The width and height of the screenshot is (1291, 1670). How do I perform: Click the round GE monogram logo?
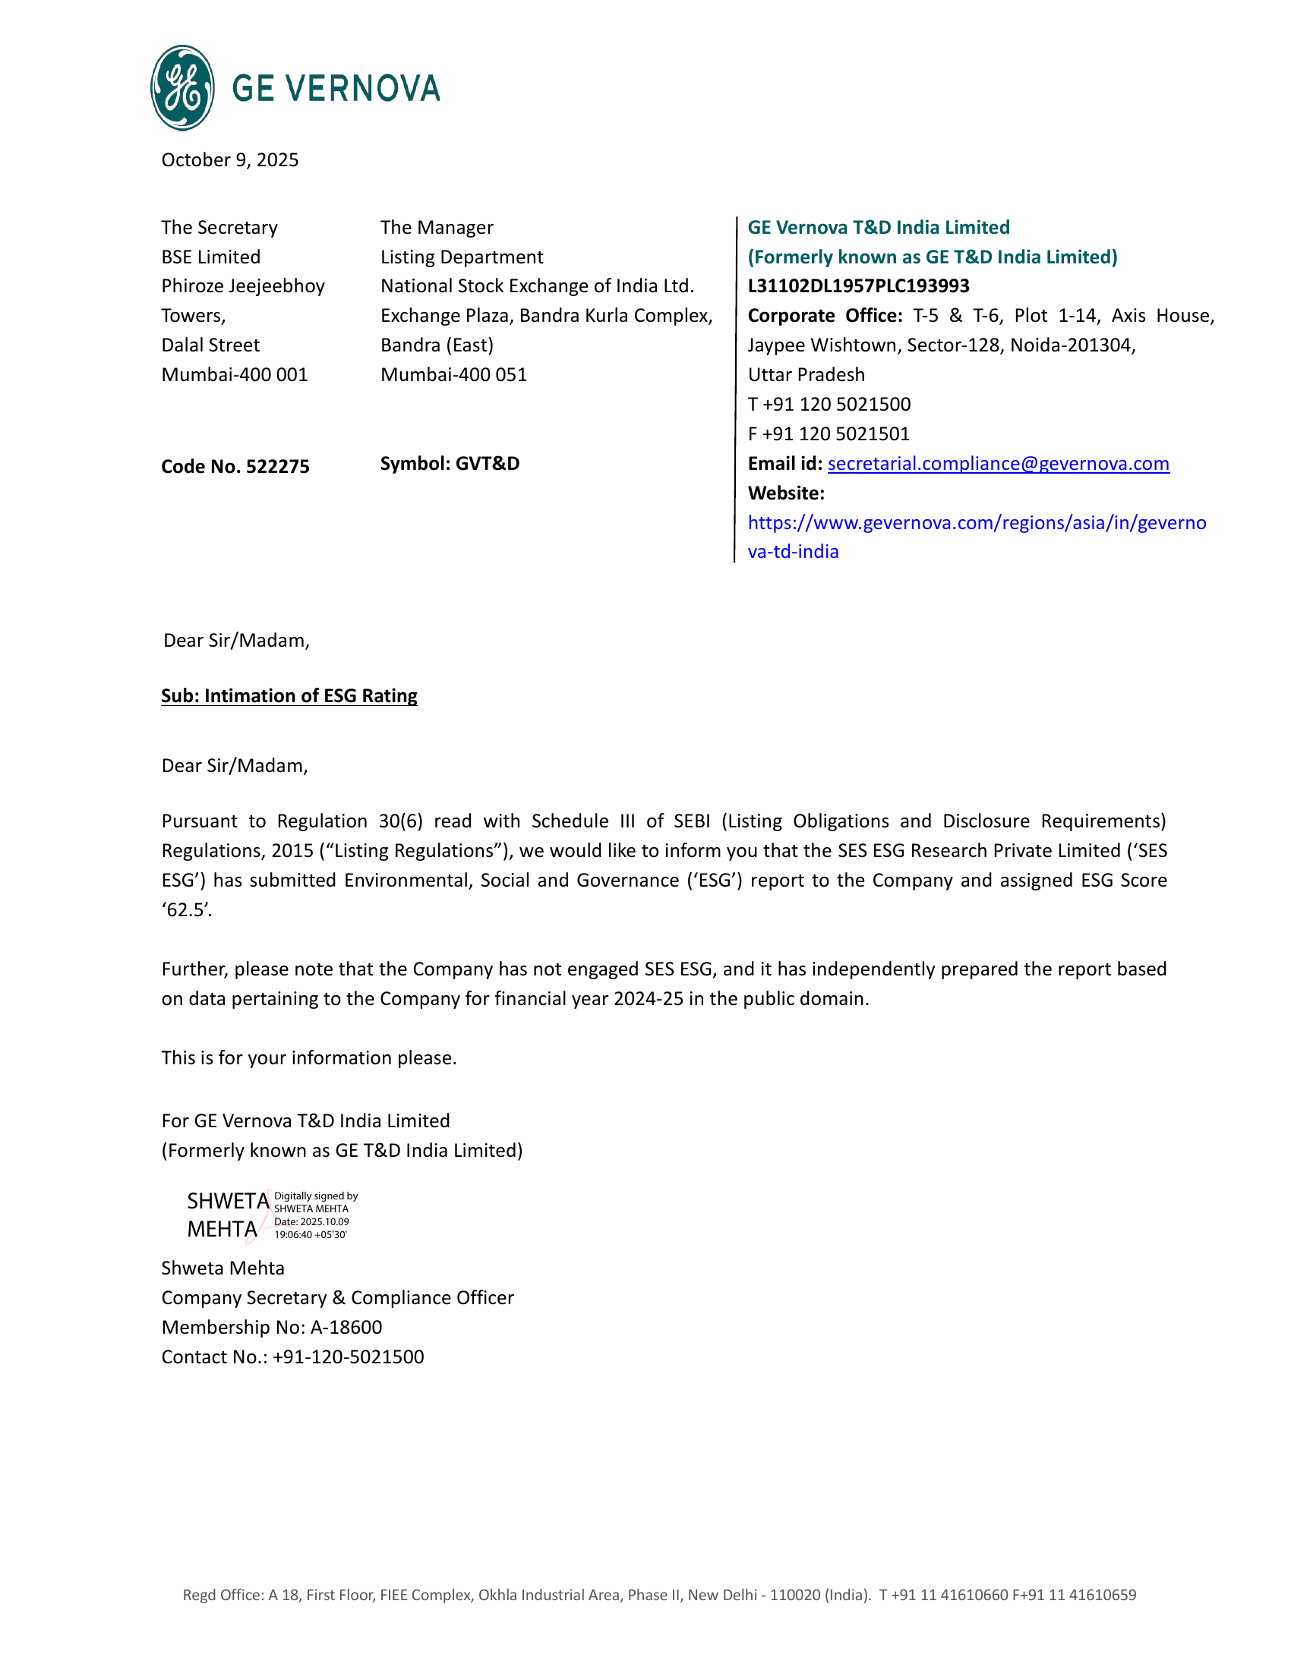[182, 88]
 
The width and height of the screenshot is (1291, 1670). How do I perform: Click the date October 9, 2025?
[229, 160]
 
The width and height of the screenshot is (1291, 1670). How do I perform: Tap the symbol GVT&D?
[488, 464]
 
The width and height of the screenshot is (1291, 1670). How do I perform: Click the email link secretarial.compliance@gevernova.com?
[998, 464]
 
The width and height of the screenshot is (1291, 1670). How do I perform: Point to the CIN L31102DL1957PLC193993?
[858, 286]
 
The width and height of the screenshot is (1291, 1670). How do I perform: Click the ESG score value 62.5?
[187, 910]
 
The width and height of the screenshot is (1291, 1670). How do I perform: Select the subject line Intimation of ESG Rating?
[289, 696]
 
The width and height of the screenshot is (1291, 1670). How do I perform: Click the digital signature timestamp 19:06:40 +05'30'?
[311, 1235]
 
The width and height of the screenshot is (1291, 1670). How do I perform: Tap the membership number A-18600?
[346, 1328]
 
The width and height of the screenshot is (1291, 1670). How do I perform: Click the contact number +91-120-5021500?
[348, 1357]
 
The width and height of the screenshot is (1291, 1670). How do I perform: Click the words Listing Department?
[462, 257]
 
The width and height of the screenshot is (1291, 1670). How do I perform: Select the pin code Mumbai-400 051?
[453, 375]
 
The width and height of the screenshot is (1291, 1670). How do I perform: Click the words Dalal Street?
[210, 345]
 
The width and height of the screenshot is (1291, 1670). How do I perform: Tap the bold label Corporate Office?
[825, 316]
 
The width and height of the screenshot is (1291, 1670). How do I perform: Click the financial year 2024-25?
[648, 1000]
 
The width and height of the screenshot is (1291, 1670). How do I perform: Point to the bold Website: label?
[785, 493]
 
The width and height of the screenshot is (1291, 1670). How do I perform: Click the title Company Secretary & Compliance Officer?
[337, 1298]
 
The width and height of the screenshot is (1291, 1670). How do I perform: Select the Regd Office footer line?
[659, 1595]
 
